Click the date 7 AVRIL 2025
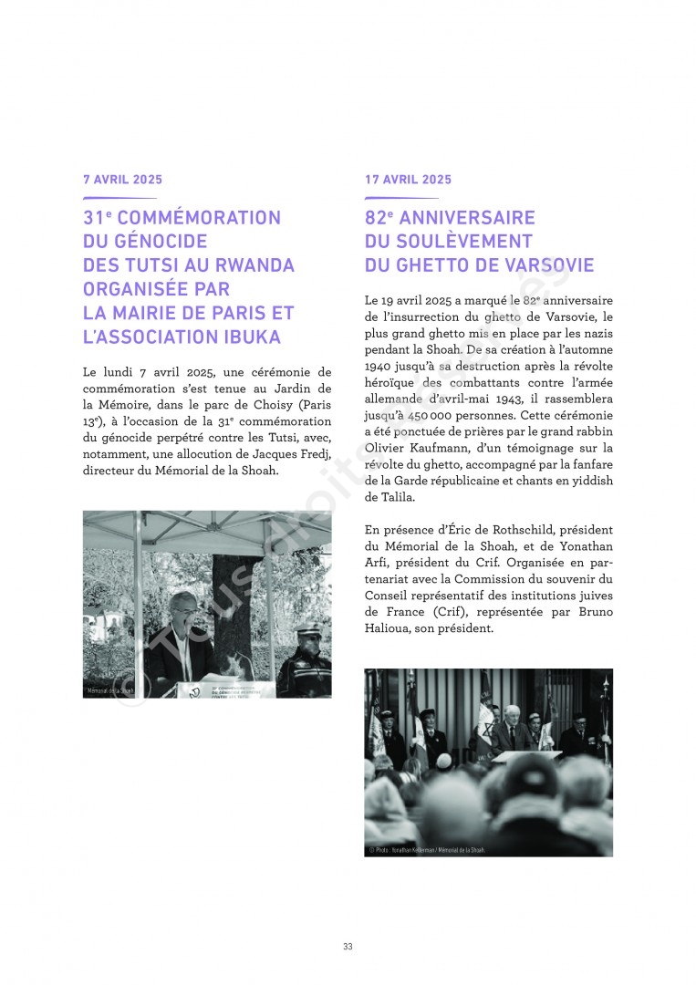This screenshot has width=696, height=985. click(122, 180)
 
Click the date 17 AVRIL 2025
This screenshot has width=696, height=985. click(408, 180)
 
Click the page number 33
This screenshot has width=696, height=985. click(348, 947)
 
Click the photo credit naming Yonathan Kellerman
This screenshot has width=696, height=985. click(427, 849)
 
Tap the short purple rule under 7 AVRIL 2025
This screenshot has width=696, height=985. click(119, 198)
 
